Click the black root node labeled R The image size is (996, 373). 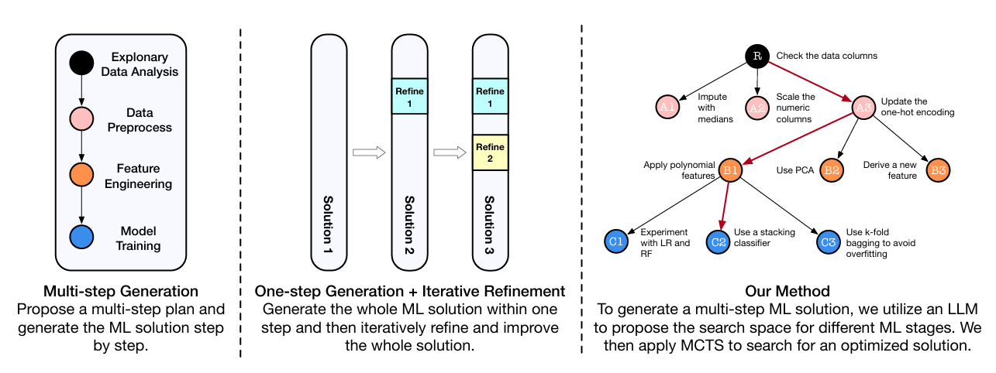pos(756,56)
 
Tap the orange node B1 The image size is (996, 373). pos(731,170)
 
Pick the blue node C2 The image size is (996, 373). pos(719,241)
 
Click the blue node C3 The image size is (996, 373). pos(828,241)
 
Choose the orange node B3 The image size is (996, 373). pos(938,170)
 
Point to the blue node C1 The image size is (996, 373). pos(615,241)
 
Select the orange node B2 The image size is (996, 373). pos(832,170)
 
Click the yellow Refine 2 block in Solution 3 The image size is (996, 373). pos(490,152)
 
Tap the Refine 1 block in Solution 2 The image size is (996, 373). pos(409,97)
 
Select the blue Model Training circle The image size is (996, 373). pos(81,238)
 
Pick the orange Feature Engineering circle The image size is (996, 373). pos(81,176)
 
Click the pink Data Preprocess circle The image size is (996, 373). pos(81,120)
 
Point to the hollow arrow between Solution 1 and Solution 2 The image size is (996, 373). pos(369,153)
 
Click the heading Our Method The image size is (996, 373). pos(787,292)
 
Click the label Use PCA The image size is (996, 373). pos(794,170)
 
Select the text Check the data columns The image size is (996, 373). pos(826,56)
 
